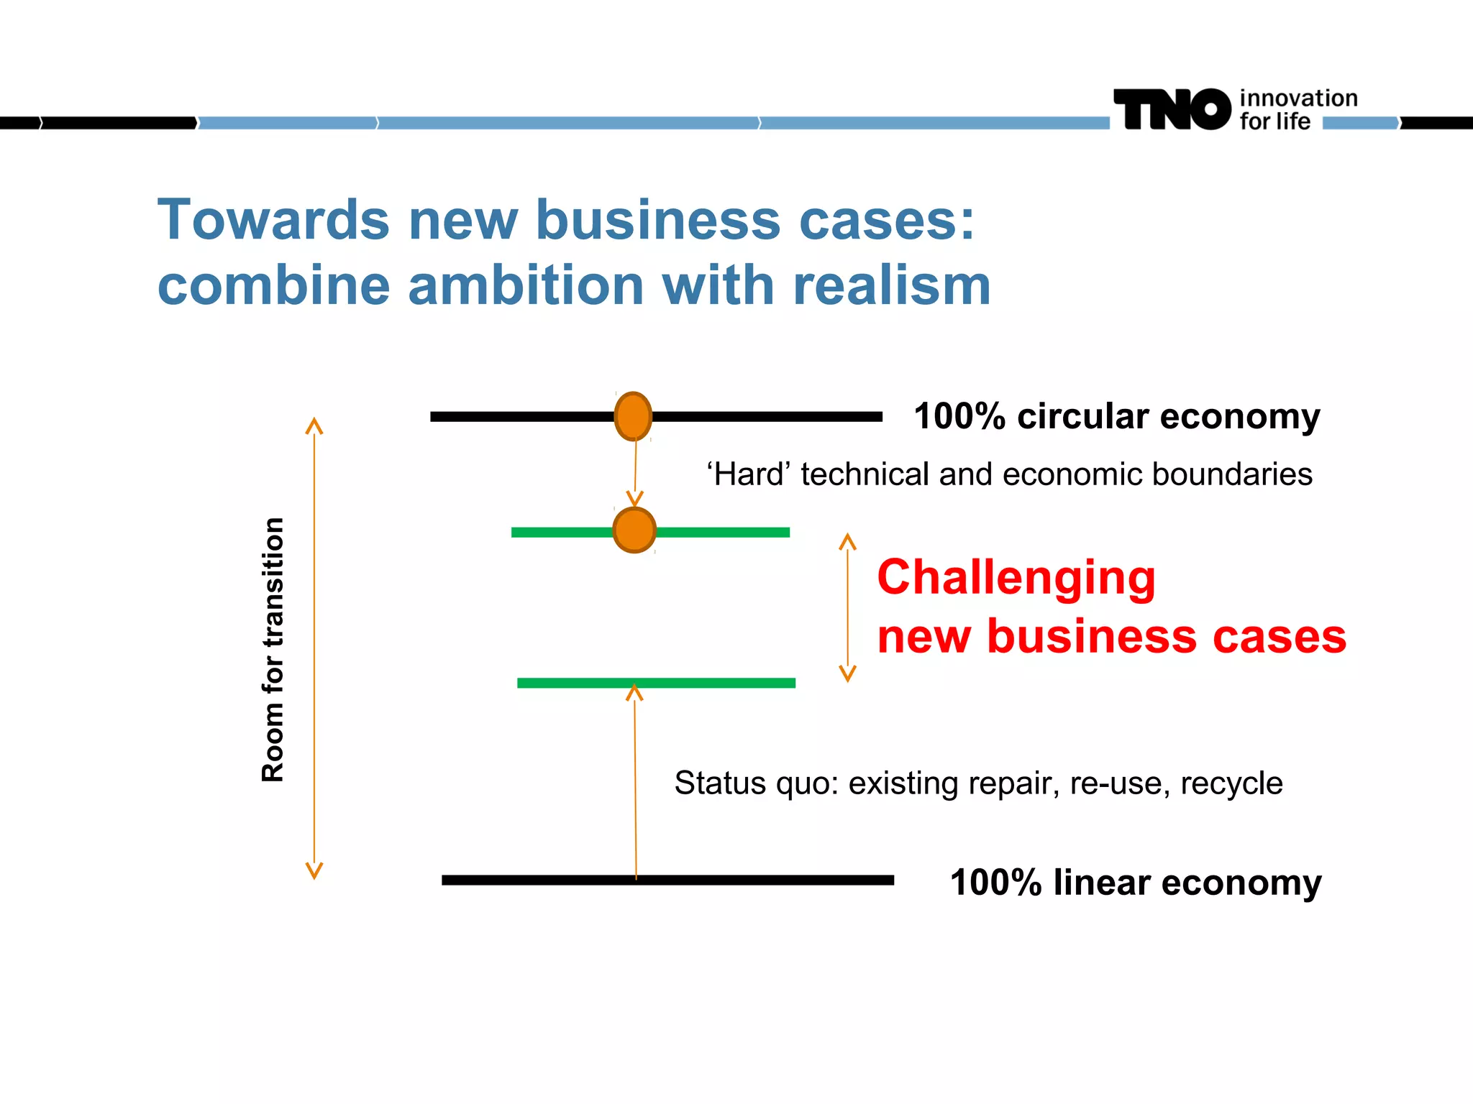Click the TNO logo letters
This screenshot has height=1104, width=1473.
[1172, 109]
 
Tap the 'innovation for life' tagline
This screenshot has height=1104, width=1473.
[1298, 109]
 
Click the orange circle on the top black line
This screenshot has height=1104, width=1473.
[633, 416]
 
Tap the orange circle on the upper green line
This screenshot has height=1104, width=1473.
[634, 530]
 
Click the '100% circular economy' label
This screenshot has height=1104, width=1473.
[1116, 416]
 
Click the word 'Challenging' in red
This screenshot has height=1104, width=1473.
[1016, 577]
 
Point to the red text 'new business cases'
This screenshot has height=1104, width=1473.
[1111, 637]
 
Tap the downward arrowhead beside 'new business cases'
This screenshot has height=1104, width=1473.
[848, 673]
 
